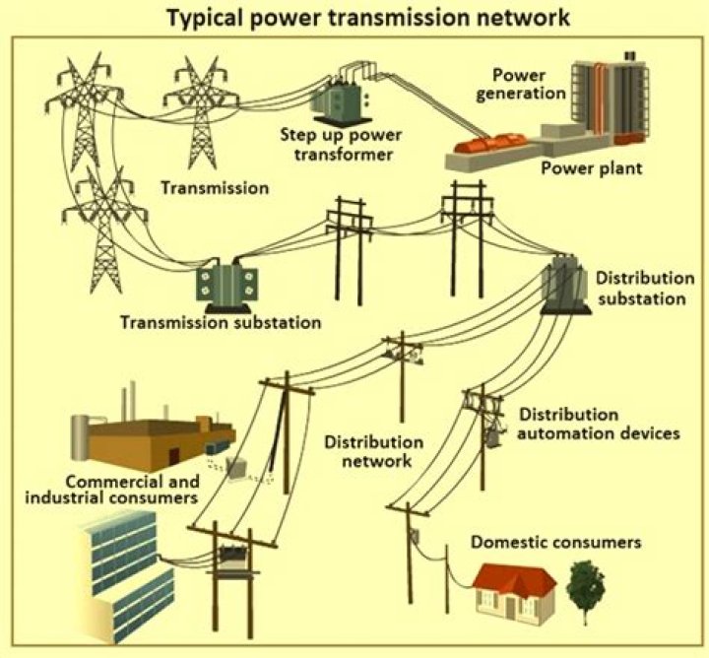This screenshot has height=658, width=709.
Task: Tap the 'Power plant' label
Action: coord(591,167)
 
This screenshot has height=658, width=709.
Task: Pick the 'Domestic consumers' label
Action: coord(555,542)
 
